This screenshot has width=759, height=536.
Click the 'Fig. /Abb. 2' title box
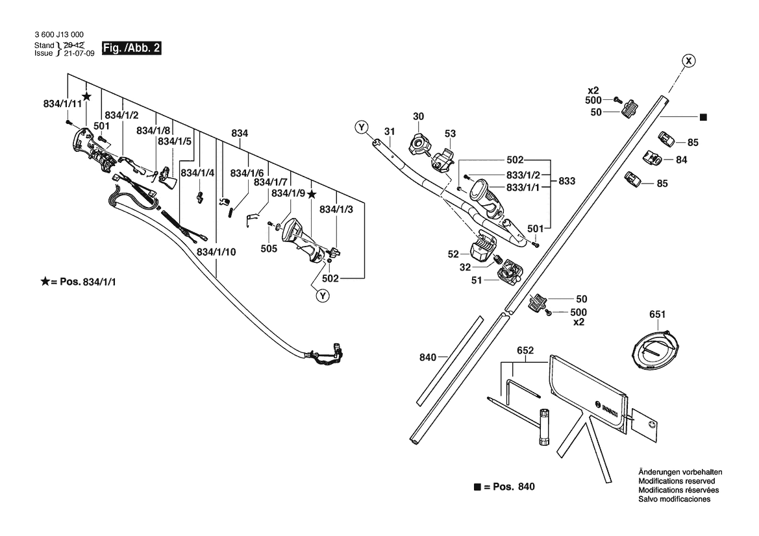coord(131,48)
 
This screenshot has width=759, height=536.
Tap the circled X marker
coord(688,61)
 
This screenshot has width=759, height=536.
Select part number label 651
coord(657,315)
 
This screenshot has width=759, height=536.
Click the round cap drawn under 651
coord(656,351)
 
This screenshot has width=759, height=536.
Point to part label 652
coord(525,350)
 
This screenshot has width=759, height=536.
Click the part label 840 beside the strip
coord(428,358)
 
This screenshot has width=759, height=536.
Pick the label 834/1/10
coord(216,252)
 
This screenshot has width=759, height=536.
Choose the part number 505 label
coord(269,249)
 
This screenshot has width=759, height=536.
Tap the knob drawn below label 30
coord(419,144)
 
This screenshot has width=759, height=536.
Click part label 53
coord(450,134)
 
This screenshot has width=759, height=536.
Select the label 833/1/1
coord(523,188)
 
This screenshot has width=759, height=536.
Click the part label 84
coord(682,160)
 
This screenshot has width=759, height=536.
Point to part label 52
coord(453,254)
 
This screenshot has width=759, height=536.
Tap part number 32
coord(465,267)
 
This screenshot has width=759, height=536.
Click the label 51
coord(477,280)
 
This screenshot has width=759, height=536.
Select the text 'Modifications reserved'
coord(677,481)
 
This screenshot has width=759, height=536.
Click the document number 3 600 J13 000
coord(59,34)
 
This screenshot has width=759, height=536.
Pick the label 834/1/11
coord(63,104)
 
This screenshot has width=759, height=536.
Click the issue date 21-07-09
coord(79,53)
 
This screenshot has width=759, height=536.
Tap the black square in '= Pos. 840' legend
coord(477,487)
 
